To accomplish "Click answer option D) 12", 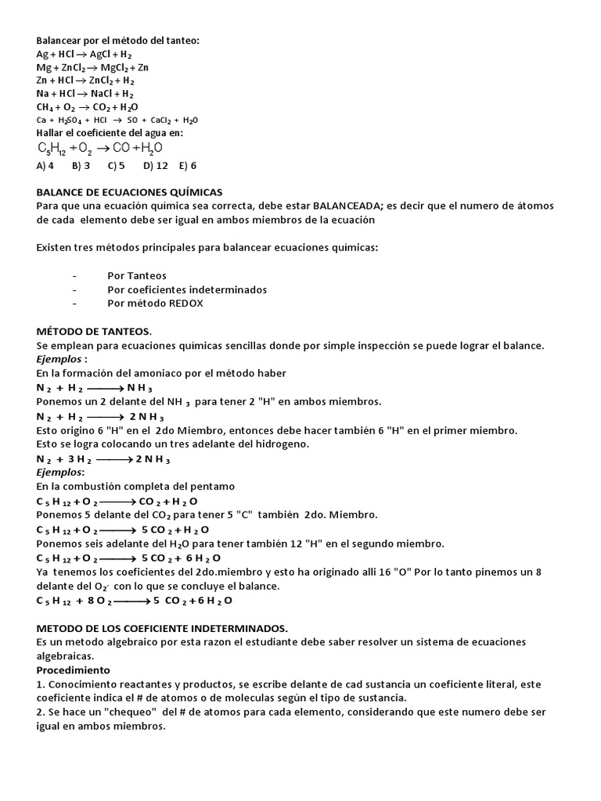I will coord(156,166).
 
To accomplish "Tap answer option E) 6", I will coord(188,166).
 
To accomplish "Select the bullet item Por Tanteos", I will coord(137,276).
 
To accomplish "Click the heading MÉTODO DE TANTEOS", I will coord(94,332).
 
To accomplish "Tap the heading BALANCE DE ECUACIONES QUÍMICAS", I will coord(129,192).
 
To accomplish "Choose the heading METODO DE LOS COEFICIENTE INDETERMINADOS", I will coord(162,628).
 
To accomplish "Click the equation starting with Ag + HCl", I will coord(84,54).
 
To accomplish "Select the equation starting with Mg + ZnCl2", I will coord(92,67).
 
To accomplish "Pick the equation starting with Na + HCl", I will coord(84,93).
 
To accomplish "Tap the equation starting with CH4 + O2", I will coord(88,106).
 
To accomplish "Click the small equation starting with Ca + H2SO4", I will coord(117,120).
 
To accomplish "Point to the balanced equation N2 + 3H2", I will coord(103,459).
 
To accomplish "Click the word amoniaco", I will coord(166,373).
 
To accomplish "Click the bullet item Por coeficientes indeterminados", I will coord(187,289).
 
